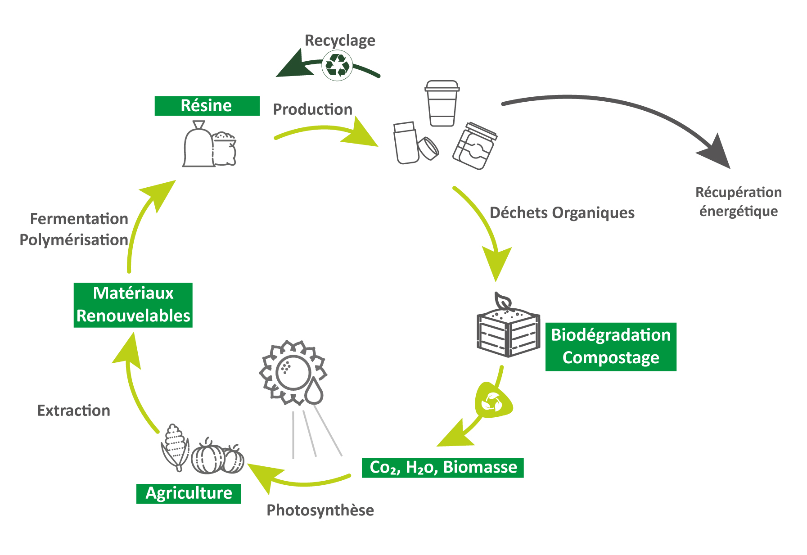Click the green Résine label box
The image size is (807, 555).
point(207,106)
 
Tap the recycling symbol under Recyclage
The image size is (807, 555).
point(337,66)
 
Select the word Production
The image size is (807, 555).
point(312,109)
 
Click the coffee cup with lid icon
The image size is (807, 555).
point(442,104)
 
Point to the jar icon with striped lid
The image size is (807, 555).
point(475,146)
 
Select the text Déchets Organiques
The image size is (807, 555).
point(562,212)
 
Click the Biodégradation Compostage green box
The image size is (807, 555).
point(611,347)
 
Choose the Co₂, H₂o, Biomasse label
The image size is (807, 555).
point(443,467)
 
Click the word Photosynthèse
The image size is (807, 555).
point(320,510)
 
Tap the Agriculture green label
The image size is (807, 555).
point(189,493)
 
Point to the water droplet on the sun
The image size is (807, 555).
point(314,391)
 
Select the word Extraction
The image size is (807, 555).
point(73,411)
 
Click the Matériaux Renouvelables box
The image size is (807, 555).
point(133,305)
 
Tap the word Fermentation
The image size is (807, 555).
point(79,219)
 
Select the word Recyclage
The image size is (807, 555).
point(340,41)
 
